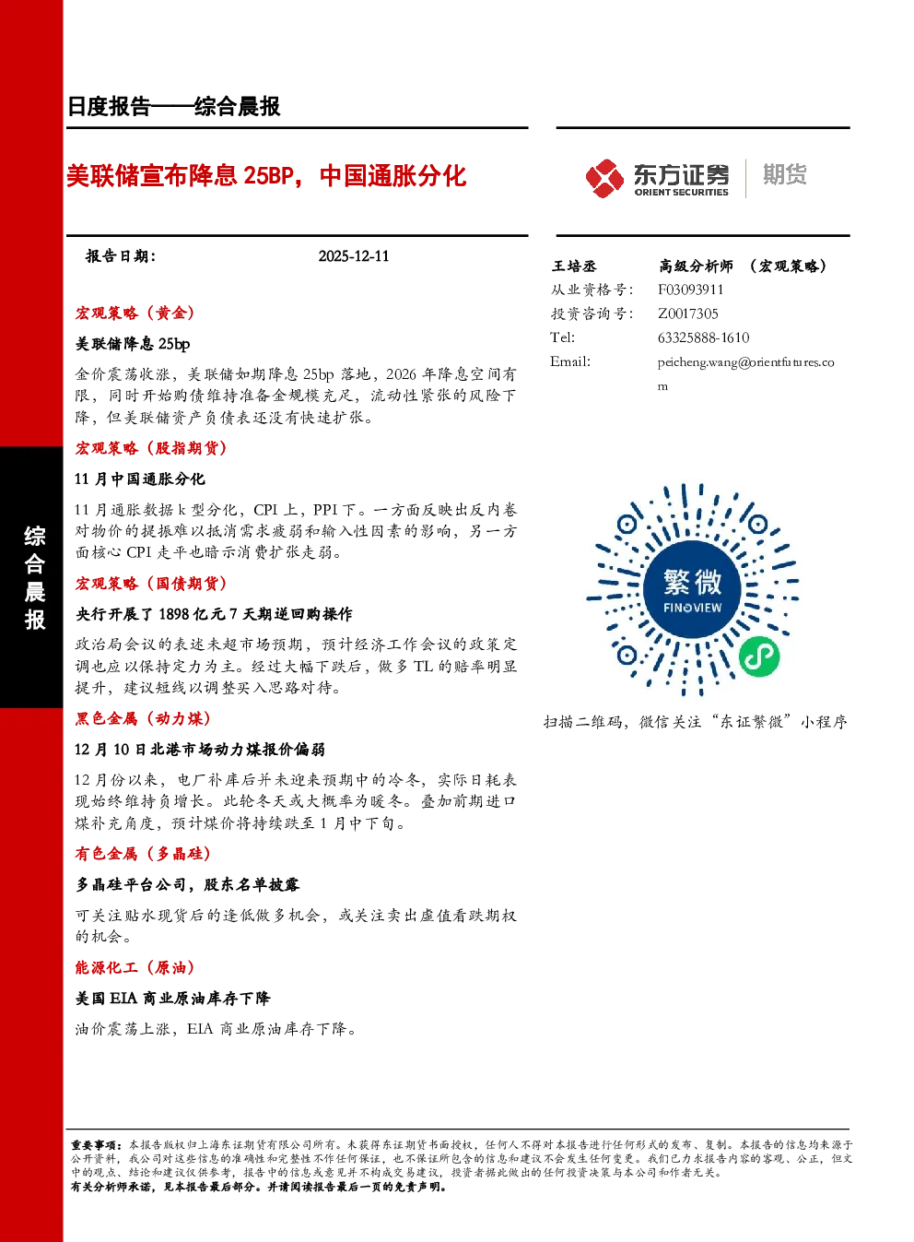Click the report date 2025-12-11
(354, 256)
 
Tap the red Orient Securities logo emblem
(604, 178)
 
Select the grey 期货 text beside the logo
(784, 174)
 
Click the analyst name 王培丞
(574, 266)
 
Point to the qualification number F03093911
(690, 290)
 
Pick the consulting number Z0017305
(687, 313)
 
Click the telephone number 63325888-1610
(703, 337)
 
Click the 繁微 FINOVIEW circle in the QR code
(692, 589)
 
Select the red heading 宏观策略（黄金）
(135, 313)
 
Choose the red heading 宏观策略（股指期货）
(151, 448)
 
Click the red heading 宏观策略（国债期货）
(151, 584)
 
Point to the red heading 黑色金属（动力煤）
(143, 718)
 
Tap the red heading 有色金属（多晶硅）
(143, 854)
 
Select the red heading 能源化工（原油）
(135, 967)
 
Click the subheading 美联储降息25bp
(133, 344)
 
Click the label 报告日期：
(121, 256)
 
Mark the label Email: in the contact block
(570, 361)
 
